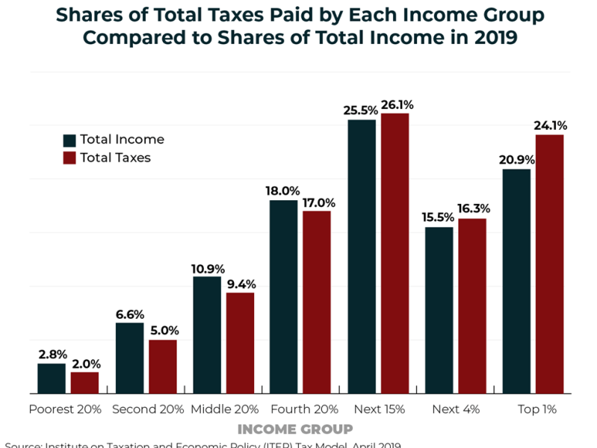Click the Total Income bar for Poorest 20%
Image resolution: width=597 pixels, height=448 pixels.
point(52,379)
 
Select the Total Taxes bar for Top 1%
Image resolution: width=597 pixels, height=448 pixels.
point(549,264)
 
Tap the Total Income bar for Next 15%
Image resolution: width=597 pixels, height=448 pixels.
point(362,256)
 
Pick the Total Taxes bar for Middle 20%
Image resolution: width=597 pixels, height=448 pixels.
point(240,343)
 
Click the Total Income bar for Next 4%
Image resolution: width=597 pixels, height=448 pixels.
point(439,310)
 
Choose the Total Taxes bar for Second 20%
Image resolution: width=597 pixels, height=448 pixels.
point(162,367)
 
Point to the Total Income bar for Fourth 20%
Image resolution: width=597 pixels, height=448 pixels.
point(284,296)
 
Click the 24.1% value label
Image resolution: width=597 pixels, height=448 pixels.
point(549,125)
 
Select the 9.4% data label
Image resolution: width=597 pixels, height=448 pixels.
point(241,283)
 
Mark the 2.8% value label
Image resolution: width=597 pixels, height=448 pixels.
point(52,355)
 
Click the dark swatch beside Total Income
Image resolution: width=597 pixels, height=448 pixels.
point(69,140)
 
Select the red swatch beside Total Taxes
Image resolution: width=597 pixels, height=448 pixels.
point(69,158)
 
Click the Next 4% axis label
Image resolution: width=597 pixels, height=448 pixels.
point(456,409)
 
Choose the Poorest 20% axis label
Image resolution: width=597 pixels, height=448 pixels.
point(66,409)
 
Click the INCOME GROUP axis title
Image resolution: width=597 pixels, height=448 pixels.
point(295,429)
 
